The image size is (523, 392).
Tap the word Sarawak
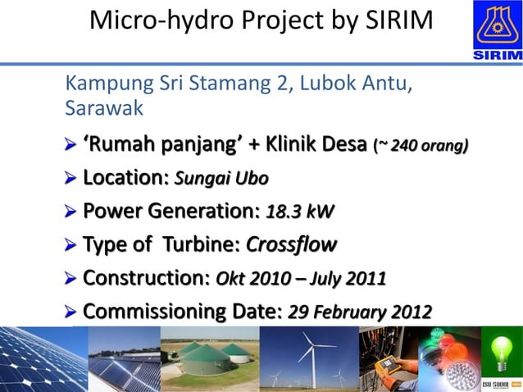point(104,108)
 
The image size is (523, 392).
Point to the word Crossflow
point(291,245)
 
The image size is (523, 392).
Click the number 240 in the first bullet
point(404,147)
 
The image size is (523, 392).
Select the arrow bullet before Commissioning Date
point(71,312)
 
